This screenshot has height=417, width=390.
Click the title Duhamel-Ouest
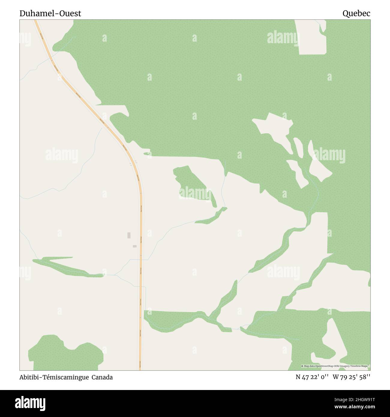tap(50, 13)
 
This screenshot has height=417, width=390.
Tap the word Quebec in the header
tap(356, 13)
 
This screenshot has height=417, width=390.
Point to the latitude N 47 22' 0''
tap(312, 377)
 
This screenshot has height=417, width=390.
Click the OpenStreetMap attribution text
tap(335, 366)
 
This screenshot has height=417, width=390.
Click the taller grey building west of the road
tap(129, 235)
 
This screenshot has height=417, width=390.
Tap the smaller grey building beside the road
tap(135, 246)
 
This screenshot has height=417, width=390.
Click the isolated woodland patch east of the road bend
tap(193, 186)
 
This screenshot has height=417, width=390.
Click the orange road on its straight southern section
tap(141, 300)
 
